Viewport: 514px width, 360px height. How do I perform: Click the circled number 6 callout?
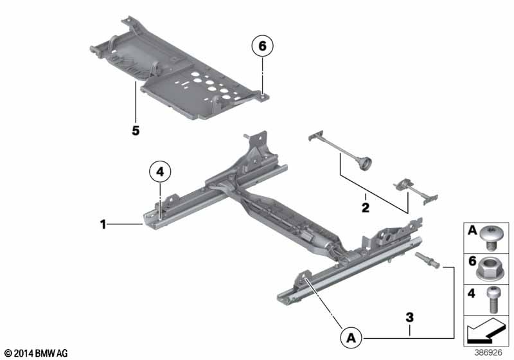click(x=262, y=46)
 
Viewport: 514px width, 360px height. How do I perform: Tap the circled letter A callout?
click(x=351, y=337)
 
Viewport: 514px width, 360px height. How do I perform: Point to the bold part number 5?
click(x=136, y=130)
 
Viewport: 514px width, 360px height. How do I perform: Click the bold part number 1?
click(x=103, y=224)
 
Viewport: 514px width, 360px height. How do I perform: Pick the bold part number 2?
click(x=366, y=208)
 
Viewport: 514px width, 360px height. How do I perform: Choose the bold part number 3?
click(x=409, y=318)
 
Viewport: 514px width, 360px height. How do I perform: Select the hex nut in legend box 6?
click(x=490, y=269)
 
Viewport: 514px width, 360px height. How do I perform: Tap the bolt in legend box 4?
click(x=493, y=300)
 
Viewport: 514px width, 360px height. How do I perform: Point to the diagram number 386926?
click(x=488, y=352)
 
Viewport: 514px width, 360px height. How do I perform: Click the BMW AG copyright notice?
click(x=36, y=353)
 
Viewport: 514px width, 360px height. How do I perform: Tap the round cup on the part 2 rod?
click(x=366, y=163)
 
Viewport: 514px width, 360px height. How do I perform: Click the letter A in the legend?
click(x=472, y=230)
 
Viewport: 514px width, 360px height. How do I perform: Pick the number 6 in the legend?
click(x=472, y=261)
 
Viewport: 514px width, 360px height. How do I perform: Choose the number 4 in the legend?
click(x=472, y=292)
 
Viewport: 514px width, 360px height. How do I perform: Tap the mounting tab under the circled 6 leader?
click(x=263, y=96)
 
